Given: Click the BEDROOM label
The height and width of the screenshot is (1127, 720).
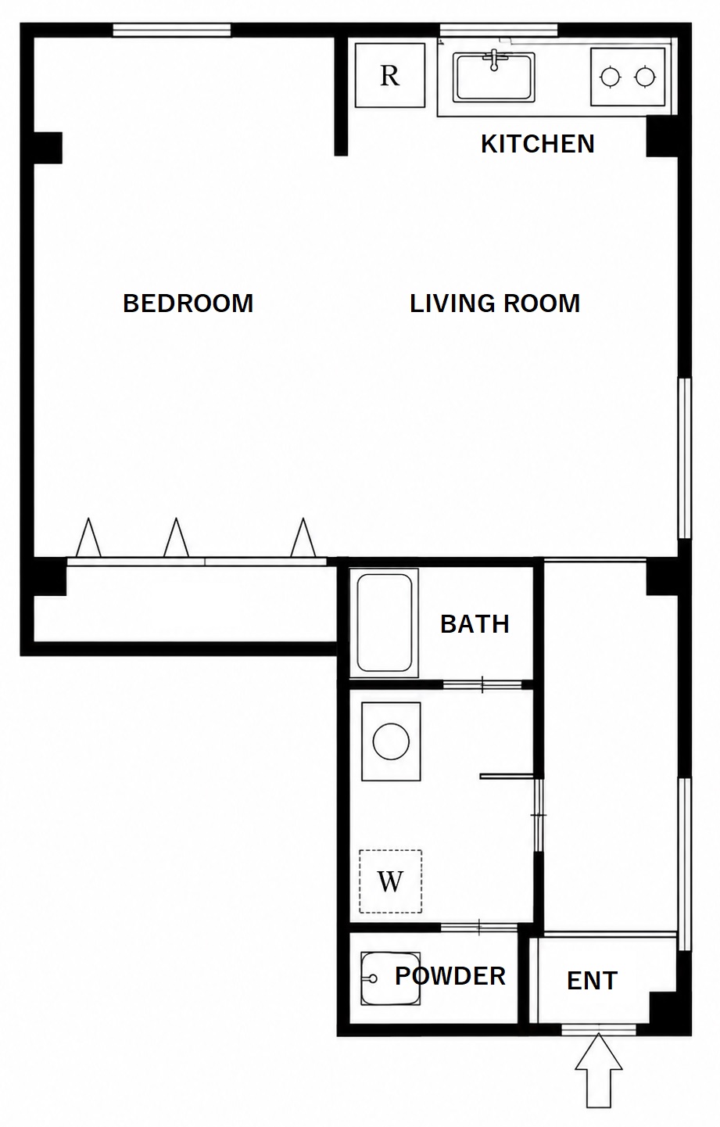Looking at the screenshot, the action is point(188,303).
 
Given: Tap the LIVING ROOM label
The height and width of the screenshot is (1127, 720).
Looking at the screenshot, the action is point(495,303).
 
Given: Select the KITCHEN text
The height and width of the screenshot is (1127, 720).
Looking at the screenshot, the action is point(538,144).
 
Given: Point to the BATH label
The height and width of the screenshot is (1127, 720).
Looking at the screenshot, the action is point(475,624).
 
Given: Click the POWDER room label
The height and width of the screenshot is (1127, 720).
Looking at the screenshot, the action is point(450,976).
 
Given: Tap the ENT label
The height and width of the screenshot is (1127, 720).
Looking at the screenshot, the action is point(593,981).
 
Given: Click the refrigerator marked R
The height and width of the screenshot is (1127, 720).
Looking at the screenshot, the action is point(389,75).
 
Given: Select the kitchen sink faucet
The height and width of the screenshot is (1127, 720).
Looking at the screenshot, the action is point(494,59).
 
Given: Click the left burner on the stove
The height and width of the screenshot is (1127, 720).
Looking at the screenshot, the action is point(610,77).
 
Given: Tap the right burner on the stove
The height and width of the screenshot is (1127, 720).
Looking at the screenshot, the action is point(644,77).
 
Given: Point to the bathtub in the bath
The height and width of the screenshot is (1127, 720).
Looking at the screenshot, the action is point(384,623).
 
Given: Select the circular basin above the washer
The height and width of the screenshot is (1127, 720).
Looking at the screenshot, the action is point(391,741).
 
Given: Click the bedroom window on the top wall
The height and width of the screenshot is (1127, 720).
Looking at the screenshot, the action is point(171,31).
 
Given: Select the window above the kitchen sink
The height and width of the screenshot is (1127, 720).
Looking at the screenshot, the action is point(498,31).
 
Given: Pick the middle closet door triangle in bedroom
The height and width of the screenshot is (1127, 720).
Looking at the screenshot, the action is point(176,537).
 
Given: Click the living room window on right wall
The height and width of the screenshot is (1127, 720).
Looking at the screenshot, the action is point(684,458).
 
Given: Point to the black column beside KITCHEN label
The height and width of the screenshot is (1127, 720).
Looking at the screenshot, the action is point(661,136).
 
